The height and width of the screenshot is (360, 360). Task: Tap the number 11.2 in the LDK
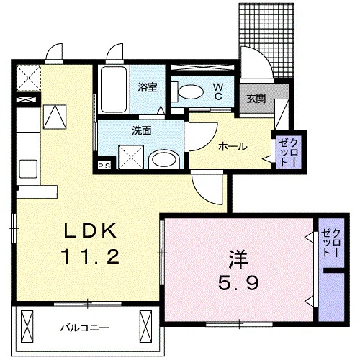pos(91,256)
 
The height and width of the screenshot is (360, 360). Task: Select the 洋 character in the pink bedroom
pos(238,259)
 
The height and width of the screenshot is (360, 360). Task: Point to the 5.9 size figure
pos(238,282)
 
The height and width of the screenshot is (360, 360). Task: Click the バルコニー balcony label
pos(84,328)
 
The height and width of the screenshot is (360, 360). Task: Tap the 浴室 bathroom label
pos(148,87)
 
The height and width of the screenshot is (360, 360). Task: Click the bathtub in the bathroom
pos(114,89)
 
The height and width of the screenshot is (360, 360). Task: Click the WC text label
pos(218,91)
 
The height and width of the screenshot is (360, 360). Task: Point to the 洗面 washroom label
pos(142,130)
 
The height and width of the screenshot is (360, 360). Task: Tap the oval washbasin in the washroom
pos(164,159)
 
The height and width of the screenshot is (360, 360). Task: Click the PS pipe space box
pos(104,166)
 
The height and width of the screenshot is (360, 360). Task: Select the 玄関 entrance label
pos(256,98)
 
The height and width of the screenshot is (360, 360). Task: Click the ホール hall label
pos(233,146)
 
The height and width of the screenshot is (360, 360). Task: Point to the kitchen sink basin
pos(28,169)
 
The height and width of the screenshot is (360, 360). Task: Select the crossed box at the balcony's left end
pos(27,330)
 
